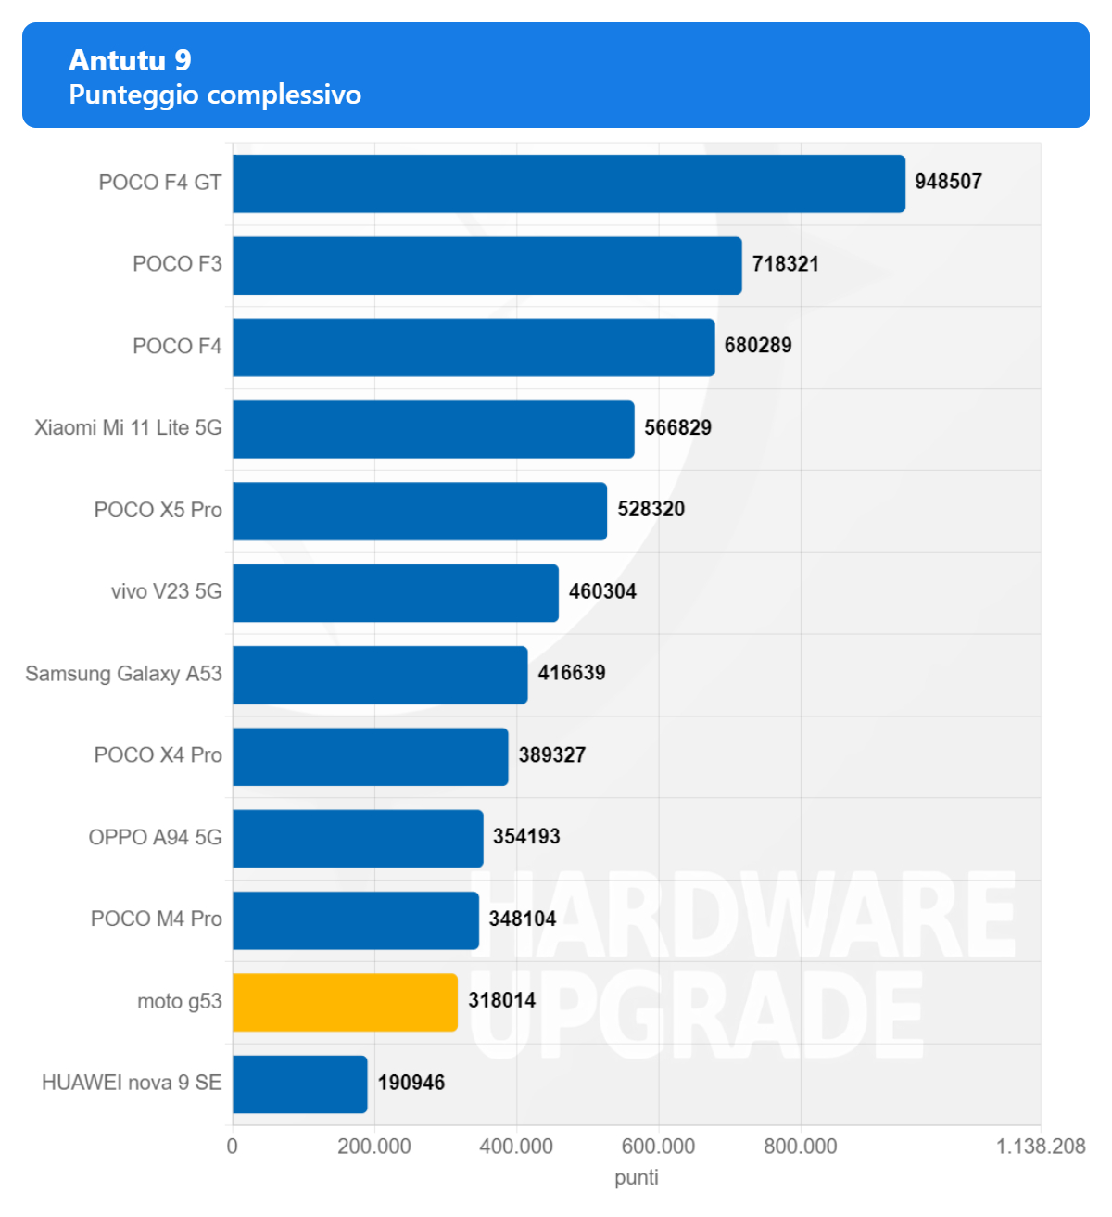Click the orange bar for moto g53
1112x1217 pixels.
[345, 1002]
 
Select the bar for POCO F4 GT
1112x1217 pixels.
[568, 184]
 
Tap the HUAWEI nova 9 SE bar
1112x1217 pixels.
[299, 1084]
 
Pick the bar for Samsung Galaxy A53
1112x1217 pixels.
[380, 675]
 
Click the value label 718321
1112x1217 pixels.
[785, 264]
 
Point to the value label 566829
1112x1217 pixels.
[677, 427]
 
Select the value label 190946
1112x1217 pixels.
[411, 1083]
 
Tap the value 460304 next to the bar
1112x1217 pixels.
[602, 591]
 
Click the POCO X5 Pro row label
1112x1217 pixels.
[158, 510]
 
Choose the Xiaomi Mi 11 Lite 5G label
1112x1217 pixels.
[128, 427]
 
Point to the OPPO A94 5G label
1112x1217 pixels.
[155, 837]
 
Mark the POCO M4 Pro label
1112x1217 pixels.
[156, 919]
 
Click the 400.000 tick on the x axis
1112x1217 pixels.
[516, 1147]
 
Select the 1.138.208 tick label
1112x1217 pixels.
[1040, 1147]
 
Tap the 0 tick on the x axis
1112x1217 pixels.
[233, 1147]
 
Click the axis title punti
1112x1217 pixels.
[637, 1177]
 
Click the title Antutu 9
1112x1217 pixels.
[130, 60]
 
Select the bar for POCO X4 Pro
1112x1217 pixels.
[370, 756]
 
